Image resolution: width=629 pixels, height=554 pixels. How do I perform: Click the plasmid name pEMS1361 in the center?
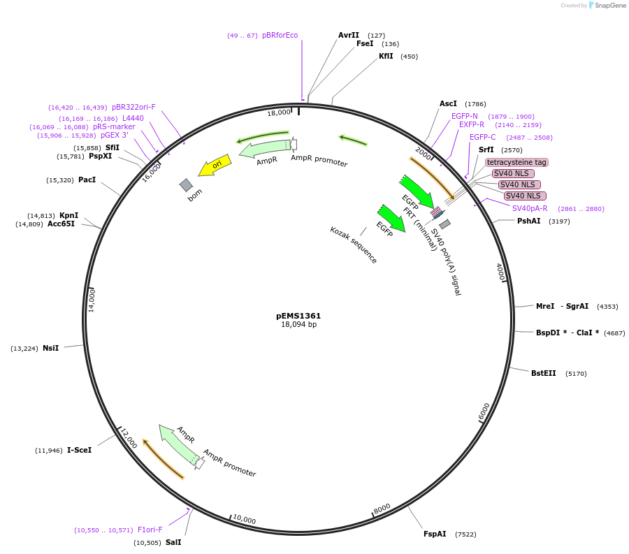(x=298, y=316)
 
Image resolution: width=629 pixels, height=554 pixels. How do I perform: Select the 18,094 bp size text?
(x=298, y=325)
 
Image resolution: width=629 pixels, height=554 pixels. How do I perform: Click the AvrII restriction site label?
(x=348, y=35)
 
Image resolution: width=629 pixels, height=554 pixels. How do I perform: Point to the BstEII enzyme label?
(x=543, y=373)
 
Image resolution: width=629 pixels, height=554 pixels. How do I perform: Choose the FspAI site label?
(x=434, y=534)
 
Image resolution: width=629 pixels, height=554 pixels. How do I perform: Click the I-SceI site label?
(x=79, y=450)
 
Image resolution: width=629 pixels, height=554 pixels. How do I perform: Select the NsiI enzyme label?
(x=50, y=348)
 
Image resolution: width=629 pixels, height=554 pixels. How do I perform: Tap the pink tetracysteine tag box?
(x=516, y=162)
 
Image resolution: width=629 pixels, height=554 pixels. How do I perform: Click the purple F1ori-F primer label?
(x=150, y=530)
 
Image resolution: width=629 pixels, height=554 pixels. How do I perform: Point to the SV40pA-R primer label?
(x=530, y=208)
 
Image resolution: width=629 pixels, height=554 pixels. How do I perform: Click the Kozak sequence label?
(x=354, y=245)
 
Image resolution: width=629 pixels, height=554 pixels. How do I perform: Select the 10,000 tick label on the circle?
(x=245, y=520)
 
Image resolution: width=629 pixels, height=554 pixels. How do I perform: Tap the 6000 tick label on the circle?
(x=484, y=412)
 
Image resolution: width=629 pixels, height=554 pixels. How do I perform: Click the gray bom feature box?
(x=186, y=185)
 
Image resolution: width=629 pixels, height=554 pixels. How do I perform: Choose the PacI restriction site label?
(x=87, y=180)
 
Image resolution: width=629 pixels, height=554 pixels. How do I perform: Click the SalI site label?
(x=173, y=542)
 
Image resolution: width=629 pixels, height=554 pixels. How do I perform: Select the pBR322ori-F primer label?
(x=133, y=107)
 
